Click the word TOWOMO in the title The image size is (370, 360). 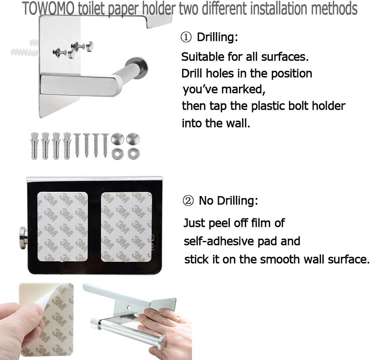[48, 8]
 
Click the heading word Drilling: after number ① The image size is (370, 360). [217, 38]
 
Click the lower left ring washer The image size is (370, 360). [117, 154]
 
